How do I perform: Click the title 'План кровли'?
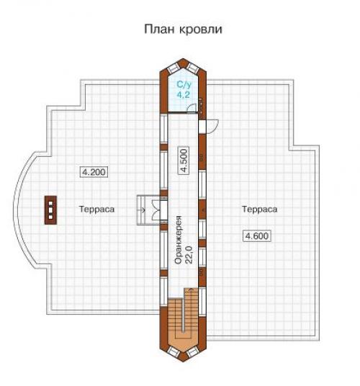[182, 30]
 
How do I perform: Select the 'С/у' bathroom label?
[183, 85]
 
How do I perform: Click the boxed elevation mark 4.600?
[256, 236]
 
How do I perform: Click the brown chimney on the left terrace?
[51, 209]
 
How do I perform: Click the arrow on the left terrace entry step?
[145, 210]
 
